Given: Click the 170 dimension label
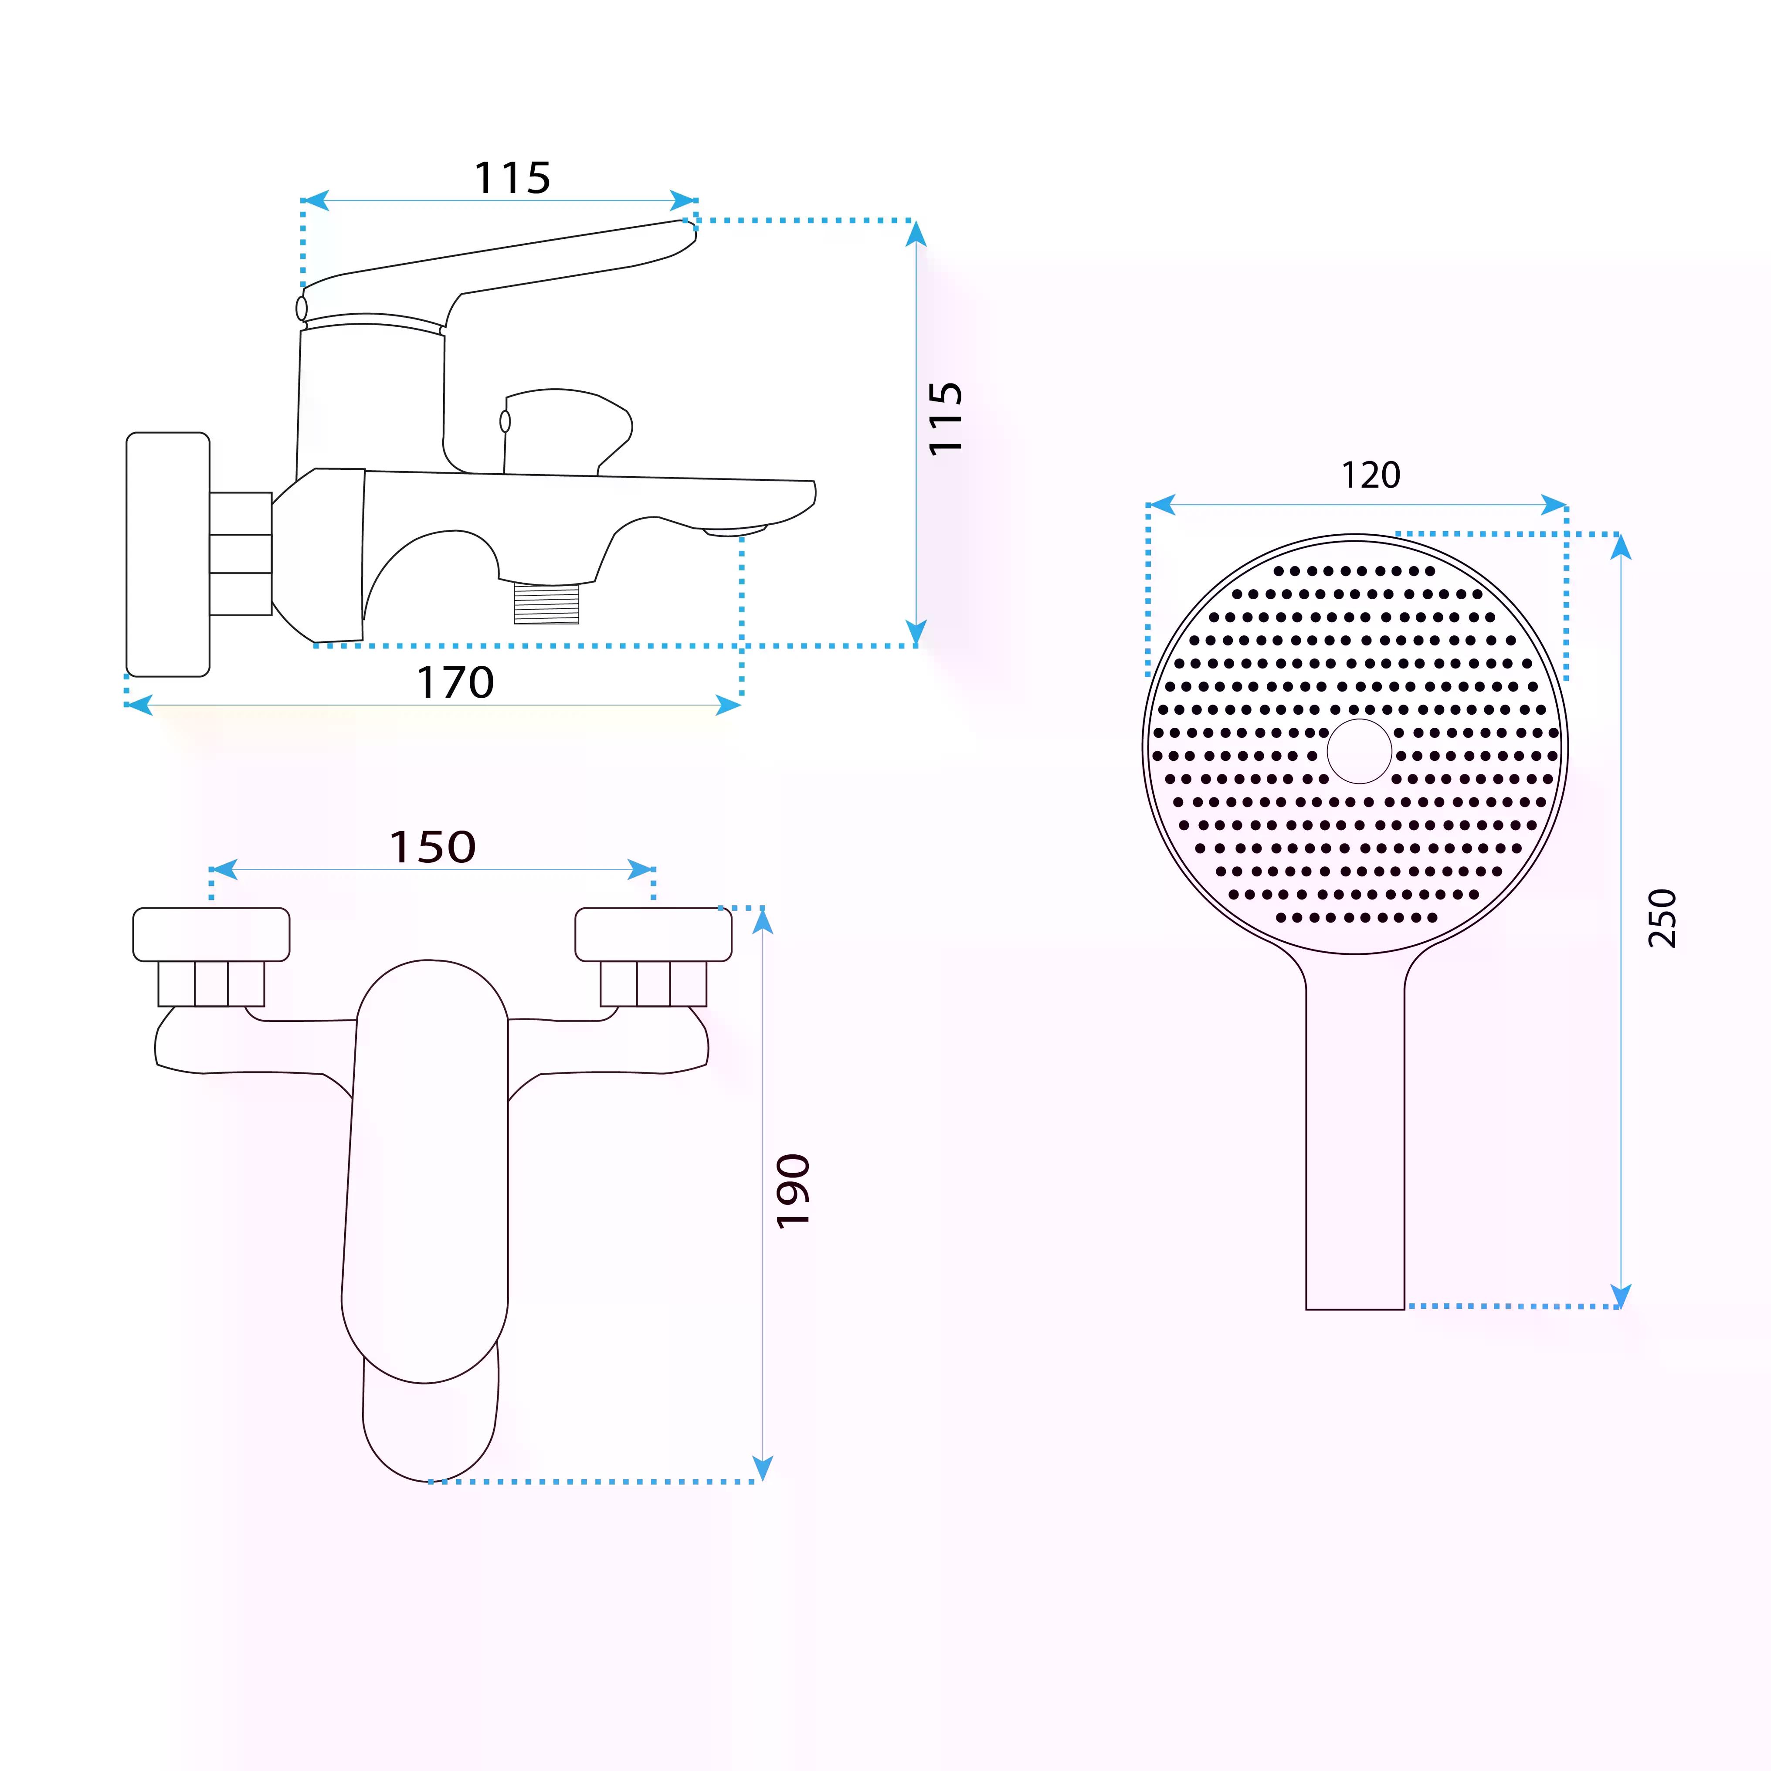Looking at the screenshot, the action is point(455,682).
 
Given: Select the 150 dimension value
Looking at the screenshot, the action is point(433,847).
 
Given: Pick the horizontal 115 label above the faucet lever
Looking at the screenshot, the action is point(512,178).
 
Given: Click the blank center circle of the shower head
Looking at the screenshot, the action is point(1360,751).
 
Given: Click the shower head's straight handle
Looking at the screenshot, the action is point(1355,1137).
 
